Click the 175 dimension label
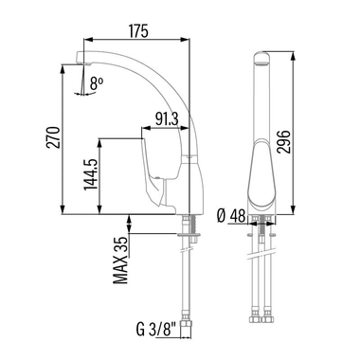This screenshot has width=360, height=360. coord(138,31)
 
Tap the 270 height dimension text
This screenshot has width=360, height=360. coord(53,137)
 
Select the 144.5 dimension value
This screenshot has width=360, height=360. coord(90,174)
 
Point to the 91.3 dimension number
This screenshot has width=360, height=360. coord(167,119)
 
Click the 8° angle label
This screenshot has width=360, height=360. coord(97,83)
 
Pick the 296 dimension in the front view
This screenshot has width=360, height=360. coord(283,141)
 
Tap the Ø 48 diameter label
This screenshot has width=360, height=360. coord(231,216)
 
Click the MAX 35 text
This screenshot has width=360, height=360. coord(120,261)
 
